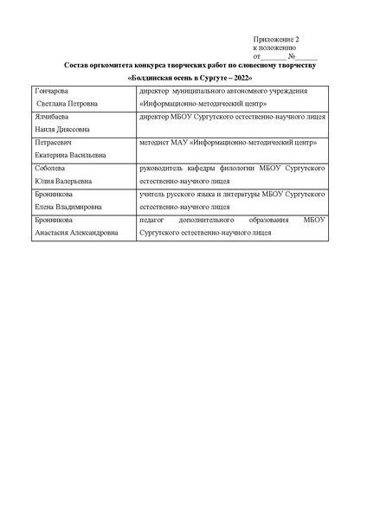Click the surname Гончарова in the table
coord(51,91)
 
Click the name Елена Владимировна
coord(68,207)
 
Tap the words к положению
coord(274,48)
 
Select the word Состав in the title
coord(78,66)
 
